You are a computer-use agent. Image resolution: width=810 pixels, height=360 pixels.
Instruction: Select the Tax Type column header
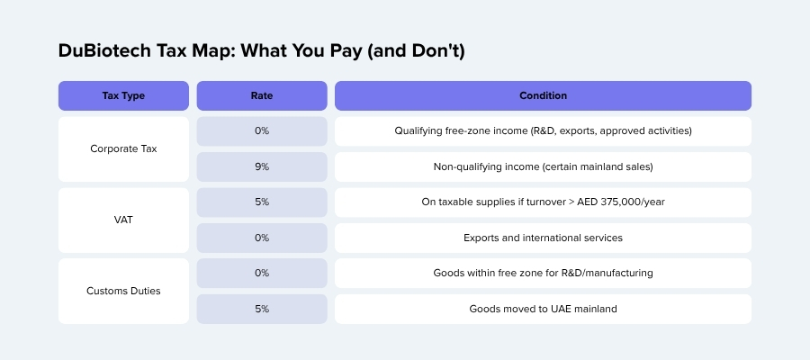[x=123, y=95]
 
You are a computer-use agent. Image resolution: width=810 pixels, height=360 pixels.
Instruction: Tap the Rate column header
[x=262, y=95]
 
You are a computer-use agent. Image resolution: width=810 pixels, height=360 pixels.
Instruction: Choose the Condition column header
[x=543, y=95]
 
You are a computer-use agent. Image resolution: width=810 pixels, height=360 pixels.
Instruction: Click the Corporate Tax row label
[x=123, y=148]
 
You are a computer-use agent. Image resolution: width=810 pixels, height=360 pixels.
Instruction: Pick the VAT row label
[x=123, y=220]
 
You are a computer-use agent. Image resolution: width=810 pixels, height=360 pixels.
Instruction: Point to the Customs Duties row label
[x=123, y=291]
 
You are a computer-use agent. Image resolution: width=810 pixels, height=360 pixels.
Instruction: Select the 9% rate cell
[x=262, y=166]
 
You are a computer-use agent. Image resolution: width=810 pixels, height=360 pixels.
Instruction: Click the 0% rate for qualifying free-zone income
[x=262, y=131]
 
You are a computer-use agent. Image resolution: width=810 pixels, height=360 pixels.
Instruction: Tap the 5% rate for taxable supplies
[x=262, y=202]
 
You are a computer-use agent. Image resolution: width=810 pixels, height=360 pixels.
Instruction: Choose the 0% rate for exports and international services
[x=262, y=238]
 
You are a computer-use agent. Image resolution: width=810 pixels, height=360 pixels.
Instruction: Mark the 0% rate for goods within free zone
[x=262, y=273]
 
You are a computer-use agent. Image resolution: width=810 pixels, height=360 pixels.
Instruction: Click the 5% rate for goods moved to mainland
[x=262, y=309]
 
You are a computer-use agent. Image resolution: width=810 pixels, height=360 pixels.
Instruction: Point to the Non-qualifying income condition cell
[x=543, y=166]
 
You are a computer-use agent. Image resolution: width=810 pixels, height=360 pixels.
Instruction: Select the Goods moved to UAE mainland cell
[x=543, y=309]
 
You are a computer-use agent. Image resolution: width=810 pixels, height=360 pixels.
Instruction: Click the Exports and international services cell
[x=543, y=238]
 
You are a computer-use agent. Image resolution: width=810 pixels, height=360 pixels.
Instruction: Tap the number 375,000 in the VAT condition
[x=620, y=202]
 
